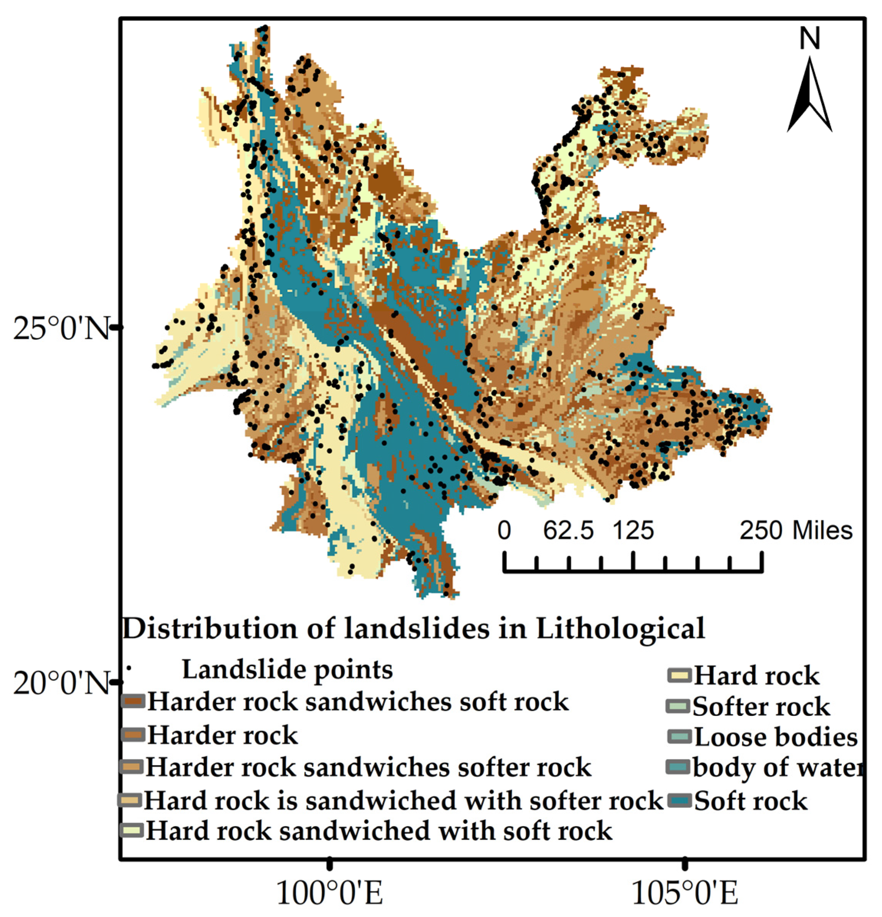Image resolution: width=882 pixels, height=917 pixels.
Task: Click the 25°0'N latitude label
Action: [61, 329]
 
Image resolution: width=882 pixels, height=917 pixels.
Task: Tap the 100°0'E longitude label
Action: [330, 893]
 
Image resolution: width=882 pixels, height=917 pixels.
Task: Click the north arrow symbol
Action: [810, 96]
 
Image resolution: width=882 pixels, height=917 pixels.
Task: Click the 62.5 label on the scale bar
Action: [568, 531]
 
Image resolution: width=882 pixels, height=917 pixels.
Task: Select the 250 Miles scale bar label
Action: [795, 531]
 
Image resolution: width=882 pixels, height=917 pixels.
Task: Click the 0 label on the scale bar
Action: [504, 531]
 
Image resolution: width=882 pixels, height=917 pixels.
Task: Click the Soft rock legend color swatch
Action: [678, 800]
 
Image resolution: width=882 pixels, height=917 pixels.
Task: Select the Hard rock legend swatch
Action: [678, 676]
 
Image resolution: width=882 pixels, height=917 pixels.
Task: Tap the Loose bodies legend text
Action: [775, 737]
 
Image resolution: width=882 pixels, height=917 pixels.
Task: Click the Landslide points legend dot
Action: [129, 668]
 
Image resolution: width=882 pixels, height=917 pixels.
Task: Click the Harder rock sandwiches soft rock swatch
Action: [133, 701]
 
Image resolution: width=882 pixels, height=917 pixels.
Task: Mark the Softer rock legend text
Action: [761, 707]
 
